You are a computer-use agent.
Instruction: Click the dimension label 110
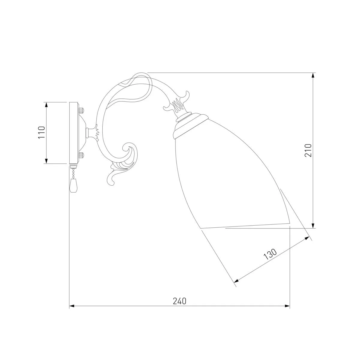[x=42, y=133]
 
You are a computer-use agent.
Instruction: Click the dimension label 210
[x=308, y=150]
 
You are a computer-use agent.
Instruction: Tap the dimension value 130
[x=270, y=254]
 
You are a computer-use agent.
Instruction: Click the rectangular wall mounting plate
[x=73, y=133]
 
